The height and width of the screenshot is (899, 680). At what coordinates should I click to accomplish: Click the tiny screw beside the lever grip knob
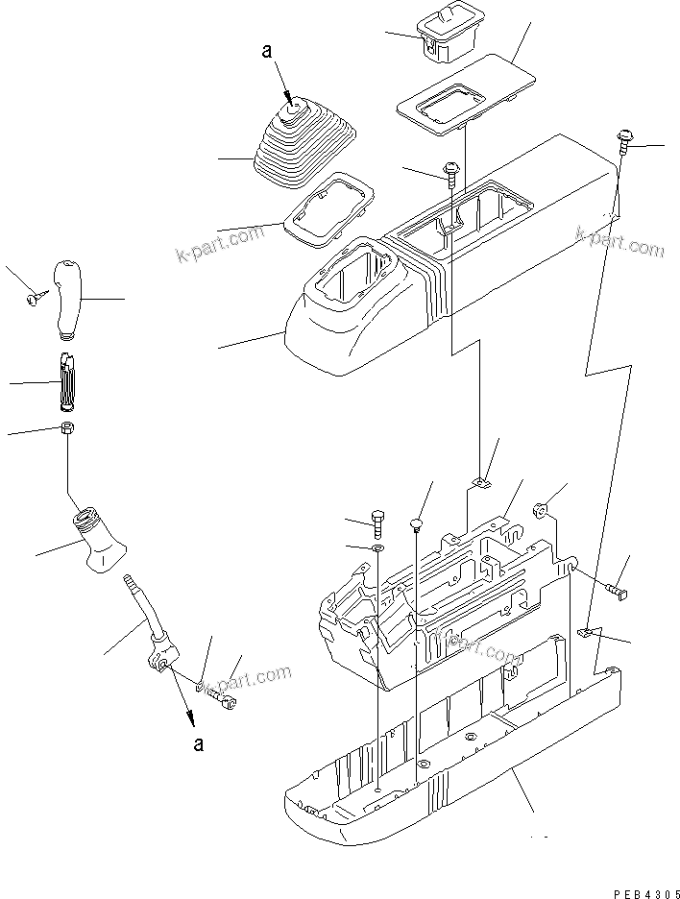click(33, 300)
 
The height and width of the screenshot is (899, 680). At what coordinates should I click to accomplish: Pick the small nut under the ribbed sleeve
click(66, 428)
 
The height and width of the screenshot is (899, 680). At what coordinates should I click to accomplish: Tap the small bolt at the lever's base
click(228, 703)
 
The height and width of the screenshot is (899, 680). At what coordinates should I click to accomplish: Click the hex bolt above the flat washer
click(376, 522)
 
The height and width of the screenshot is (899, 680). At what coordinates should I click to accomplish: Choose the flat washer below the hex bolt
click(376, 548)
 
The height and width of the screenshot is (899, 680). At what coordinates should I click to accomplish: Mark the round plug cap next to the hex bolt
click(416, 523)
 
